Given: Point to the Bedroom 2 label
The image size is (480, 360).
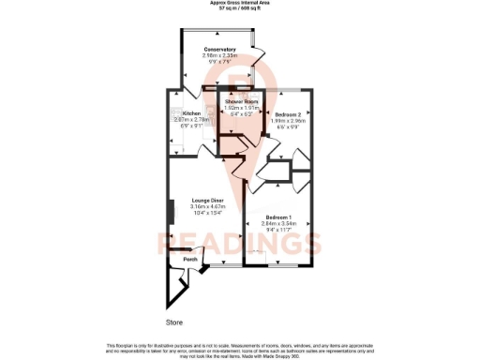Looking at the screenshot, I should click(289, 113).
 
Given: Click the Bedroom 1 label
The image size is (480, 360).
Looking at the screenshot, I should click(280, 217).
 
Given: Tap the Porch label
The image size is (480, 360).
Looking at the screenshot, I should click(190, 259).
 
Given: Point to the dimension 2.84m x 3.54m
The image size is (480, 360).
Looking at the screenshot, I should click(280, 224).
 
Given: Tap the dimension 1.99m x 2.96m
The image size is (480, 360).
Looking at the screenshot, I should click(289, 120).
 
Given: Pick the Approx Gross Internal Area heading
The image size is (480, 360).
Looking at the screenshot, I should click(239, 3).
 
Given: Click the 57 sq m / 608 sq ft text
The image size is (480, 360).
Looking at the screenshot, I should click(239, 8).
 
